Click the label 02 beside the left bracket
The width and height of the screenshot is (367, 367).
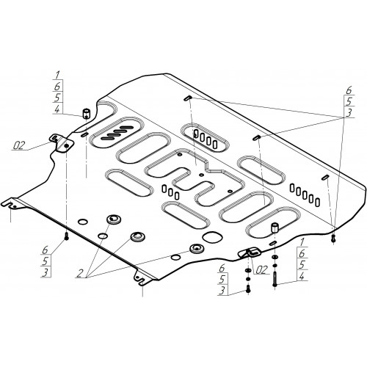(x=19, y=145)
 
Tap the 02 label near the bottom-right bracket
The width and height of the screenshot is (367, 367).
(x=261, y=270)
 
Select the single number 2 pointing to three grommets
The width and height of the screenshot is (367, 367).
(x=80, y=273)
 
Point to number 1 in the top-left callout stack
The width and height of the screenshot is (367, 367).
(x=57, y=75)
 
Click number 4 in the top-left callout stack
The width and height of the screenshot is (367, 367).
(x=57, y=109)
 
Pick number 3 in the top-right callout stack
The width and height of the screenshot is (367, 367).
(x=349, y=113)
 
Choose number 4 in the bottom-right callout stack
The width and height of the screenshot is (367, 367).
(x=302, y=277)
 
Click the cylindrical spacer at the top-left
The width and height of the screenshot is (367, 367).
(x=86, y=114)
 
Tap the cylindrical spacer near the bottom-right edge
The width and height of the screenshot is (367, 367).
(x=275, y=228)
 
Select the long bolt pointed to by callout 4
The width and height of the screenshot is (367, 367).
(x=275, y=279)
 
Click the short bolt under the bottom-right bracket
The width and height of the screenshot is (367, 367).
(x=248, y=288)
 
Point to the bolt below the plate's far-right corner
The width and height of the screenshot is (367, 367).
(x=334, y=239)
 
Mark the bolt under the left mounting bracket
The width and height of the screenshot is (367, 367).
(x=66, y=236)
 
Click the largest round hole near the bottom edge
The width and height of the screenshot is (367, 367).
(x=212, y=237)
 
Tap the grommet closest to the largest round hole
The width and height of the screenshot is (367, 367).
(x=196, y=249)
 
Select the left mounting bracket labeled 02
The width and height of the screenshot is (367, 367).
(x=62, y=144)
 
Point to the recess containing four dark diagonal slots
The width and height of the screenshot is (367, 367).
(x=117, y=132)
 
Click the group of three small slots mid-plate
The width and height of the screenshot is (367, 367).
(x=170, y=192)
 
